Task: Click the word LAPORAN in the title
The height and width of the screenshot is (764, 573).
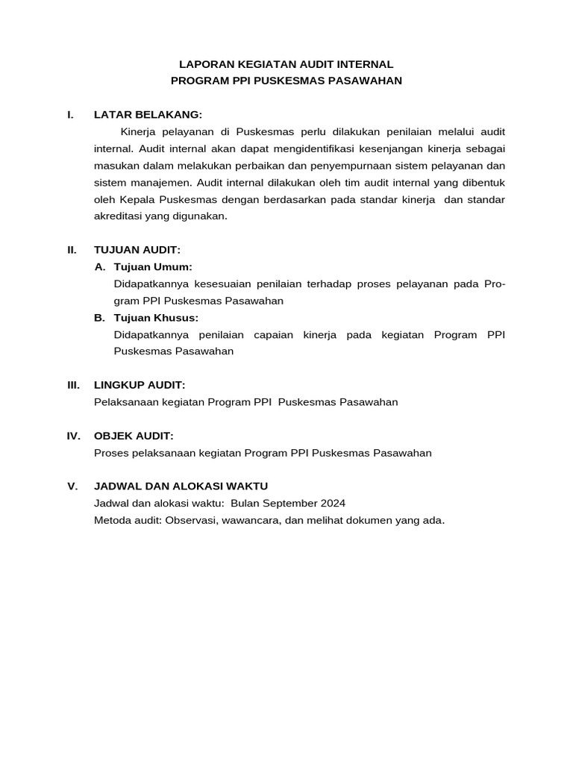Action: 214,65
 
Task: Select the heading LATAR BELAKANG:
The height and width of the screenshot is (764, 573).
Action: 148,114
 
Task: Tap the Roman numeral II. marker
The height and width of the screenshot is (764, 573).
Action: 72,250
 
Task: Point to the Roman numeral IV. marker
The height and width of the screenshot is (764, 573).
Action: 73,435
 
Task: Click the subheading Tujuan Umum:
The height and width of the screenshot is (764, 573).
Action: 153,266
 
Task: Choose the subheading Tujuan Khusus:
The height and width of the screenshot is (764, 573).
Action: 156,318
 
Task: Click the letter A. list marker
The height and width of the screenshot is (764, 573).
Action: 100,266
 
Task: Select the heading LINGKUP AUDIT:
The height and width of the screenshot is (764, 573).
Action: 139,384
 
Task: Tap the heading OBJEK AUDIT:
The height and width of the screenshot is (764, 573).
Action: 134,435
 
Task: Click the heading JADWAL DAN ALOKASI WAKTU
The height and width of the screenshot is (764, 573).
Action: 181,486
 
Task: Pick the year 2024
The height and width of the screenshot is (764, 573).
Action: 332,503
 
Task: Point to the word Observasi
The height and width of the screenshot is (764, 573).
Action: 192,520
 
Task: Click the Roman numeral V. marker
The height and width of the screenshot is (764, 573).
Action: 72,486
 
